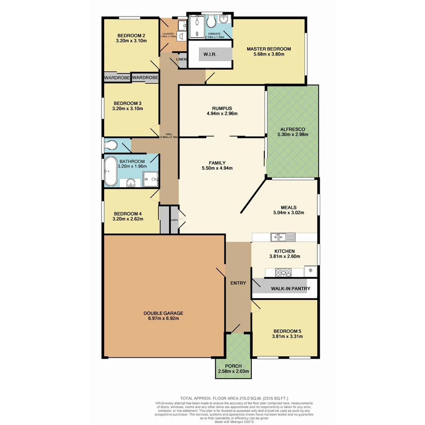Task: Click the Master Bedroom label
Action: (269, 49)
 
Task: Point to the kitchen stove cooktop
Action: (283, 272)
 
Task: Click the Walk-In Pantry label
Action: (290, 288)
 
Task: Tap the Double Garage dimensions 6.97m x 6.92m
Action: (163, 319)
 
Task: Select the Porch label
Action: (234, 366)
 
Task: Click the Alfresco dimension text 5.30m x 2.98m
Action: (292, 135)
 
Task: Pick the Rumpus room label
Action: (222, 108)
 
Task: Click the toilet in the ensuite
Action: (211, 21)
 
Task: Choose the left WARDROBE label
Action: (117, 78)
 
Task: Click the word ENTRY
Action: (238, 283)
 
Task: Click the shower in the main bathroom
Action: (151, 179)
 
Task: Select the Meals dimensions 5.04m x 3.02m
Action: (289, 213)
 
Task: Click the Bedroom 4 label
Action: (128, 214)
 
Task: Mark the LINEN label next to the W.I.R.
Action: (181, 59)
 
